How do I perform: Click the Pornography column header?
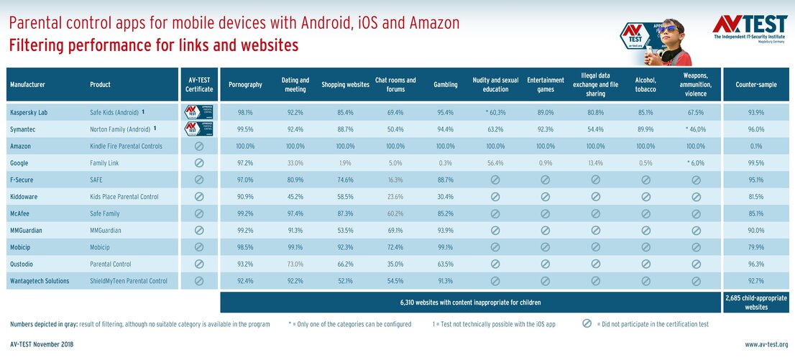pos(244,85)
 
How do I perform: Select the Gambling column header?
pos(445,85)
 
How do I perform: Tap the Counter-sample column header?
pos(755,85)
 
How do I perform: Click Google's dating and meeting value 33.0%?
pos(295,163)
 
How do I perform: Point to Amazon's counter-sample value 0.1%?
pos(755,146)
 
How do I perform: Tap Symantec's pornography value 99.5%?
pos(244,129)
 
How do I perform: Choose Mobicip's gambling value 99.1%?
pos(445,247)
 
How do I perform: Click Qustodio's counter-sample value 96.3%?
pos(755,264)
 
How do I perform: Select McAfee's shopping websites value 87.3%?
pos(345,213)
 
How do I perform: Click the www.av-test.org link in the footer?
pos(766,345)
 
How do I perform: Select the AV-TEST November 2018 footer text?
pos(42,345)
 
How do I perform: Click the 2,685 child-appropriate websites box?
pos(755,303)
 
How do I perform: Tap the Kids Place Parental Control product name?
pos(124,197)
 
